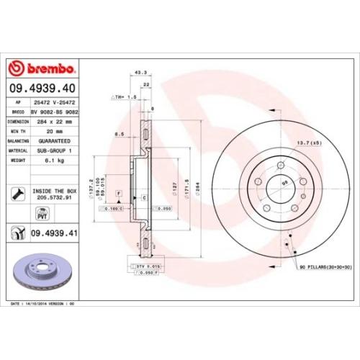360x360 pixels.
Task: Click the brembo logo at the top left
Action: point(41,68)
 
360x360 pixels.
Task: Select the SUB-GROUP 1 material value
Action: point(55,152)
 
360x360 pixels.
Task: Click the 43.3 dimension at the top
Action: point(141,72)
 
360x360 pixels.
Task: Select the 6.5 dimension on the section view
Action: point(120,134)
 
